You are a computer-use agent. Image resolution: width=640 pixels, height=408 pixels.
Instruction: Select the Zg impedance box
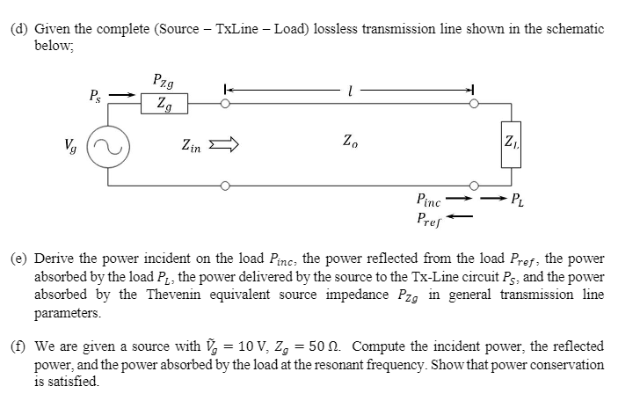[x=164, y=105]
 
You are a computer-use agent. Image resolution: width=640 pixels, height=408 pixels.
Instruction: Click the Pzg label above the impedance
[x=164, y=80]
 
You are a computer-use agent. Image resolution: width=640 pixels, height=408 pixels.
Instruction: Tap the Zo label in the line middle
[x=350, y=140]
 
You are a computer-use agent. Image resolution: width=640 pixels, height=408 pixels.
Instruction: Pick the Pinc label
[x=432, y=200]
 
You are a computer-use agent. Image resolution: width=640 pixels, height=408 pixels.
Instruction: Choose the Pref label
[x=432, y=217]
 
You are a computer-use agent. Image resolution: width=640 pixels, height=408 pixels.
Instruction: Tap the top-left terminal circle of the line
[x=226, y=105]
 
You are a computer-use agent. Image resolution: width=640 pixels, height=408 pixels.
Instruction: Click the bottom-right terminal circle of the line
[x=476, y=186]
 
